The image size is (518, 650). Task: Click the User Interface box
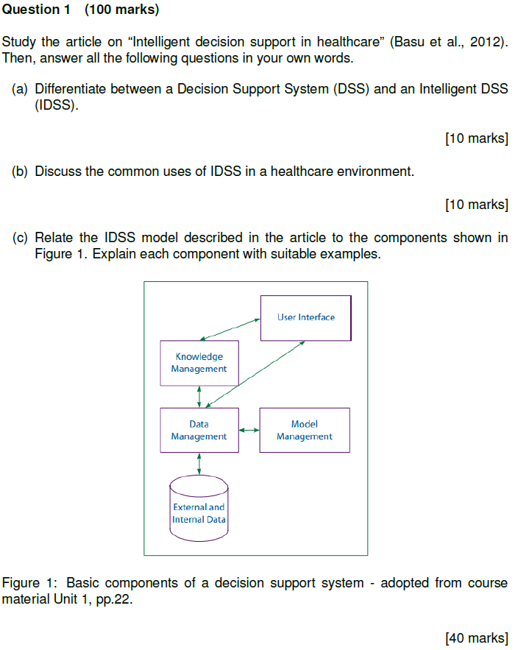(x=305, y=318)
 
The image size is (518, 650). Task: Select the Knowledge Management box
(x=199, y=363)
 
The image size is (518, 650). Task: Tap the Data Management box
(x=199, y=430)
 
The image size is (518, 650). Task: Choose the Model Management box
(x=304, y=430)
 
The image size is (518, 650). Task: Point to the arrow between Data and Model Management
(x=249, y=430)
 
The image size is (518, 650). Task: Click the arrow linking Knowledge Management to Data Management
(x=199, y=397)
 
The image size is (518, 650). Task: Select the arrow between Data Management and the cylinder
(x=199, y=464)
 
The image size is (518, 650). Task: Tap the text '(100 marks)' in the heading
(x=121, y=10)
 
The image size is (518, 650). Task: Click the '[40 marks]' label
(x=476, y=637)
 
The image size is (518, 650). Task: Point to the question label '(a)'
(x=21, y=89)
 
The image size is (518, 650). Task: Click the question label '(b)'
(x=21, y=172)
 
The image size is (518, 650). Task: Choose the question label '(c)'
(x=21, y=238)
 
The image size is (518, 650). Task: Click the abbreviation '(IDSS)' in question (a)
(x=56, y=105)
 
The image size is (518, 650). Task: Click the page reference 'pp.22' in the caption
(x=118, y=599)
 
